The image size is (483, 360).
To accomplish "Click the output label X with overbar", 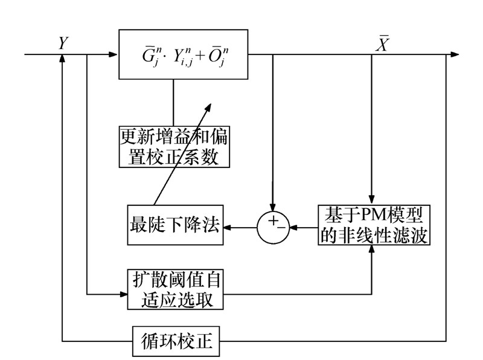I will coord(382,43).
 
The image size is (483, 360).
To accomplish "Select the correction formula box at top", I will coord(184,55).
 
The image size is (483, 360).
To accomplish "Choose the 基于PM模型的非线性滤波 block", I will coord(373,225).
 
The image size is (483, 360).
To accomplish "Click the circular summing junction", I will coord(273,227).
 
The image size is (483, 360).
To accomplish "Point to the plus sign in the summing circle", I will coord(271,222).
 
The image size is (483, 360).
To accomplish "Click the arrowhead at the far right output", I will coord(454,55).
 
